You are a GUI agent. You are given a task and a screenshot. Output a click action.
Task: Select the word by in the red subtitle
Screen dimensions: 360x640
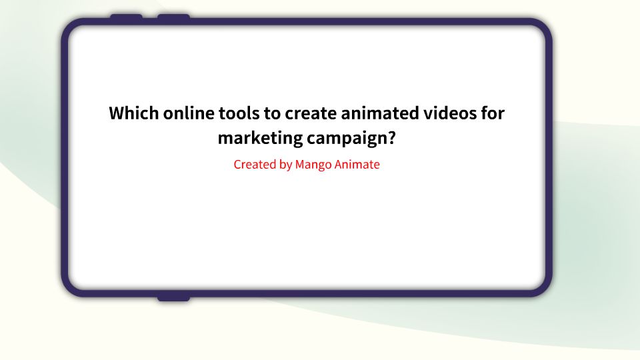[x=285, y=165]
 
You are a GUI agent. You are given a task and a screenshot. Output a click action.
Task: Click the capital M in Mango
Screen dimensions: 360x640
[x=300, y=164]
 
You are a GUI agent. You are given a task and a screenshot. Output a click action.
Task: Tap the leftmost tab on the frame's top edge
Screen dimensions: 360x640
[x=126, y=17]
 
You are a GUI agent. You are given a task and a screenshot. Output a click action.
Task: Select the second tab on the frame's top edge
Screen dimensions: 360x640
[x=173, y=17]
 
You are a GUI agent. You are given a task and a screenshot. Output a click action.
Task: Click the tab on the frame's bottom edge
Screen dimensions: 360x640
[x=173, y=297]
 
